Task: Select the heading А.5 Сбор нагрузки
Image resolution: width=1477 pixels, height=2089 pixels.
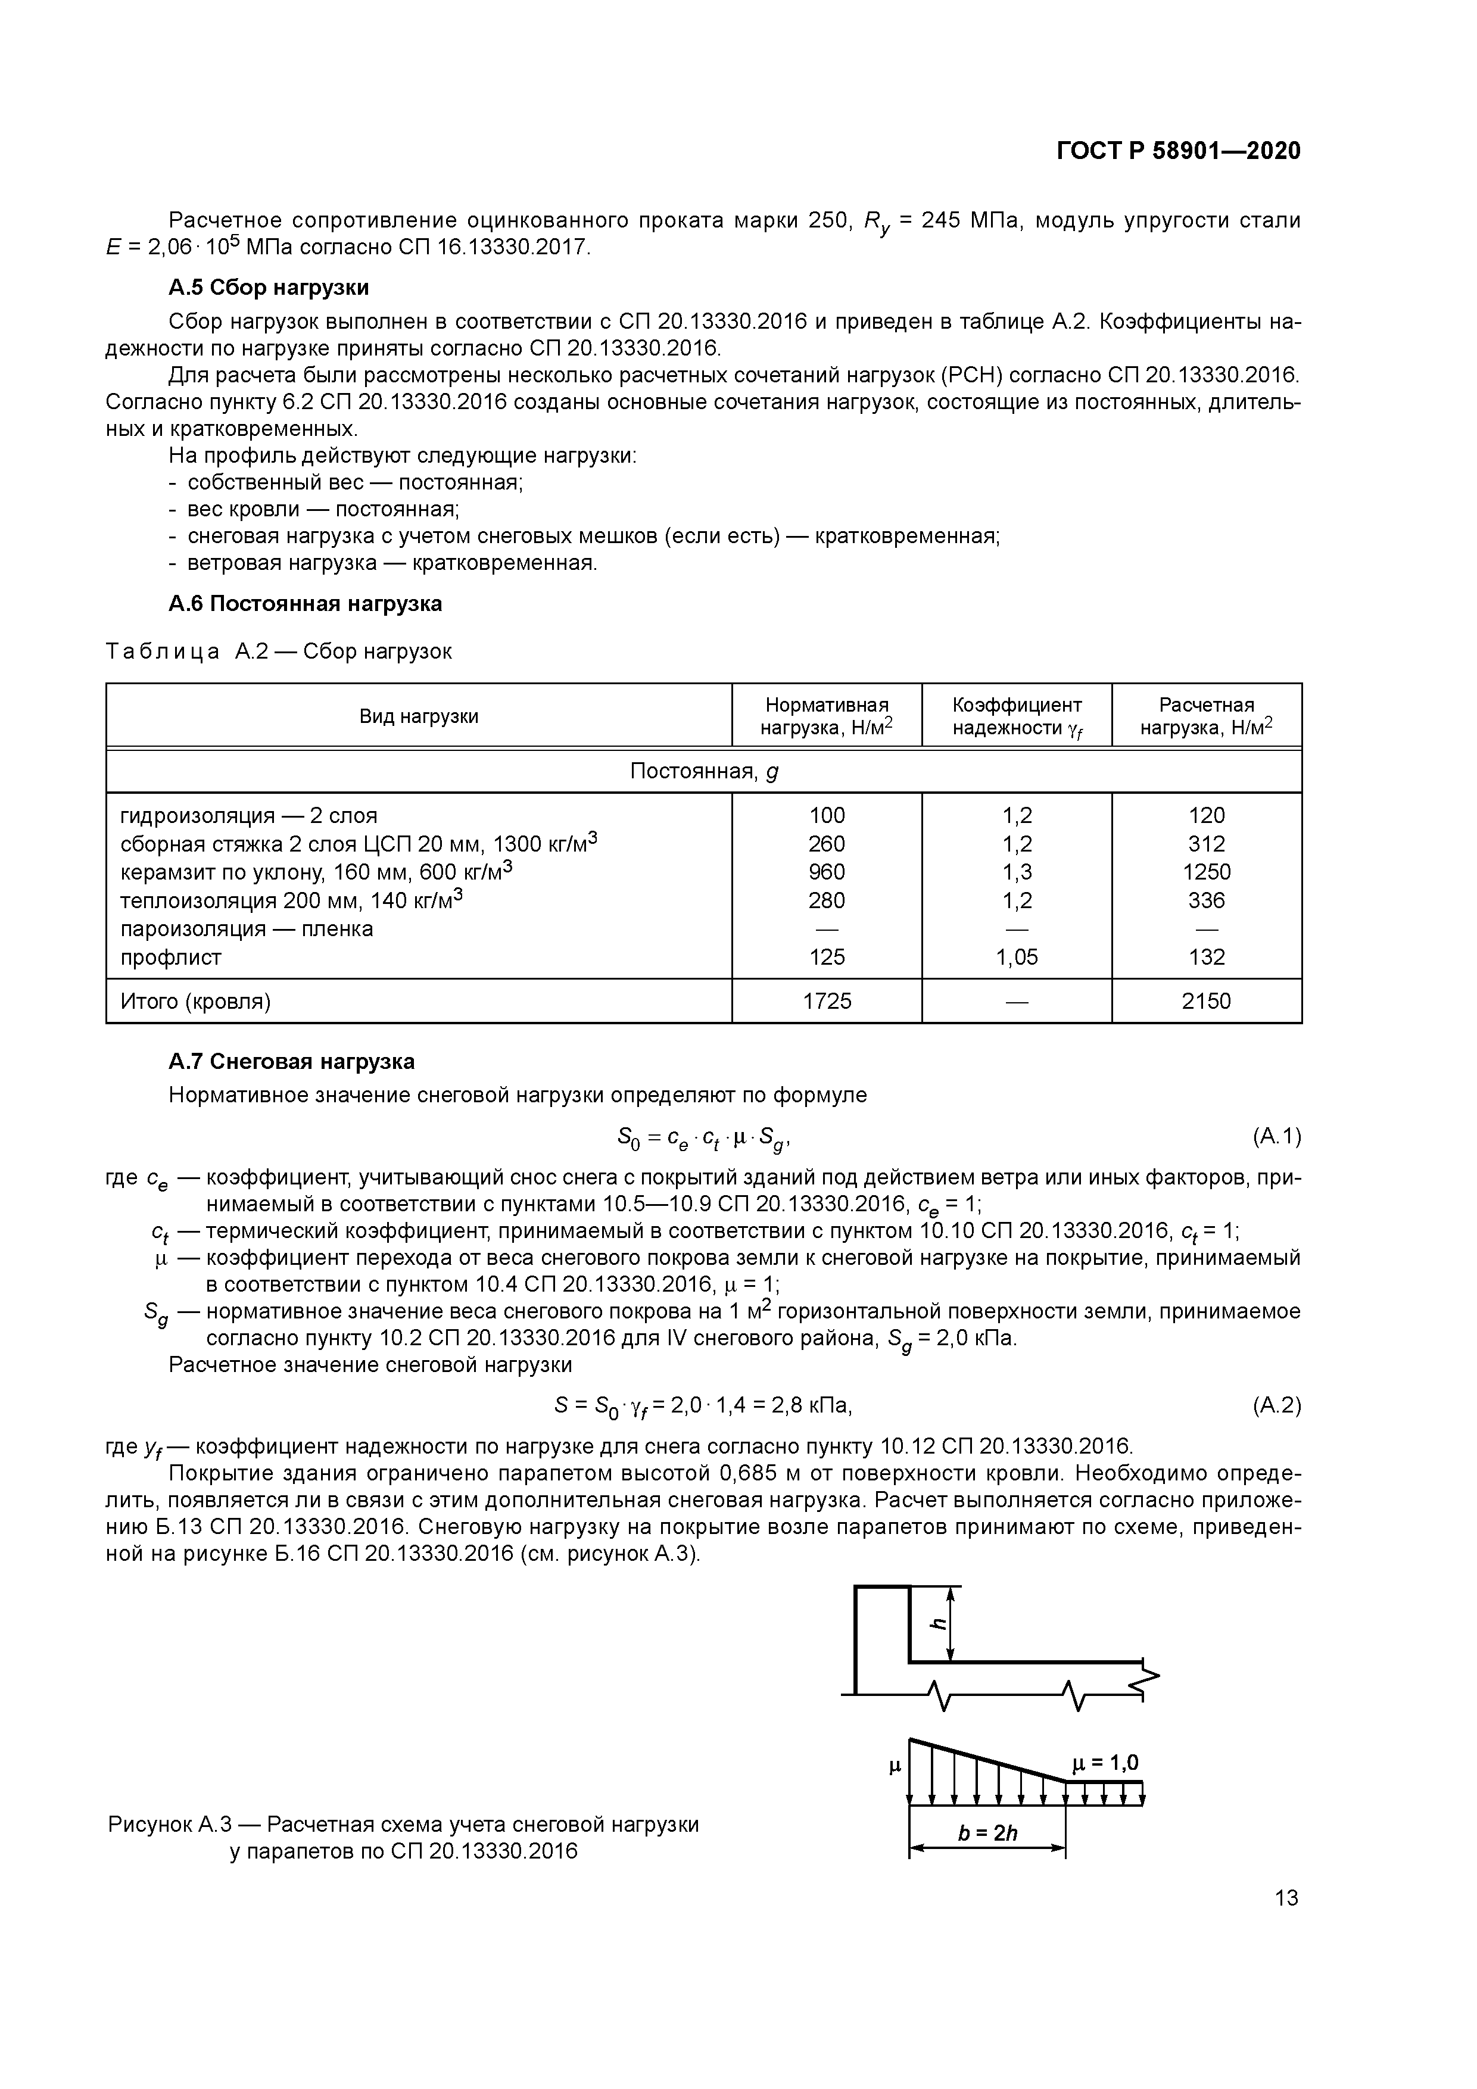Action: [269, 288]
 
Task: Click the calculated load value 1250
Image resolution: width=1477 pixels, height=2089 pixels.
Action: [1206, 872]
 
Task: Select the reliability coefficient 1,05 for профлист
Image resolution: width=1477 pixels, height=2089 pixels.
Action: [1017, 956]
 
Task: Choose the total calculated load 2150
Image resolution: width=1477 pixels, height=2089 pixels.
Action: [1206, 1001]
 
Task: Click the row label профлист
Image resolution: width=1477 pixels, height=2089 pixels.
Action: [171, 956]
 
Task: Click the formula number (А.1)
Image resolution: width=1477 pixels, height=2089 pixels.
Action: [1276, 1136]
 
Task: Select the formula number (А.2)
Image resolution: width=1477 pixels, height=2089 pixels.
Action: [1276, 1406]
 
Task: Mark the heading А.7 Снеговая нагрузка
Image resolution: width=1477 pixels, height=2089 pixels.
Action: [291, 1061]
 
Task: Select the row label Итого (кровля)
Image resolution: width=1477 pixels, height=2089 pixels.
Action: [196, 1001]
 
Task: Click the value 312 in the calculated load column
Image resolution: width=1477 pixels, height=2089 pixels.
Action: [1206, 843]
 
